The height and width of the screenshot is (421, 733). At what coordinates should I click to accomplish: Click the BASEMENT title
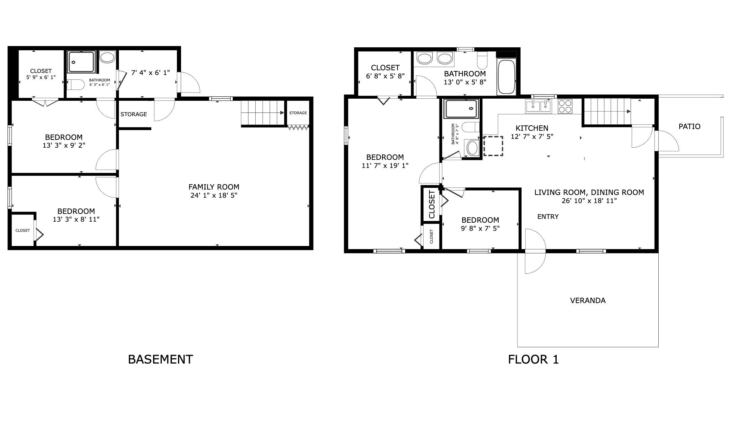(160, 359)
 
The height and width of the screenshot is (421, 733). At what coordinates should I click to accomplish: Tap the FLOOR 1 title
(533, 359)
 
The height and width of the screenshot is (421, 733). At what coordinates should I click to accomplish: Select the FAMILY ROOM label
(214, 187)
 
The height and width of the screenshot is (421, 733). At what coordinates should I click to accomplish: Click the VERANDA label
(588, 300)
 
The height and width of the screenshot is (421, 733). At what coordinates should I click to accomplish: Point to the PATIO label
(689, 126)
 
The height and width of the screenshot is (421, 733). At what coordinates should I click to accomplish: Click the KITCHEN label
(532, 128)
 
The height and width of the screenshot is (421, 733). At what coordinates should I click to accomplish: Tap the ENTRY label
(548, 217)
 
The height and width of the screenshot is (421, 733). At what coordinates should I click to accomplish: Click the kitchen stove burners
(565, 106)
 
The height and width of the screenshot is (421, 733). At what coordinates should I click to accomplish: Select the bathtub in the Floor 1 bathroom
(506, 77)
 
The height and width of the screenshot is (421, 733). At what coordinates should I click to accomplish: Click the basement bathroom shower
(81, 62)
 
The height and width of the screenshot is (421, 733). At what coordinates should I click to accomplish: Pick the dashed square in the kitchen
(493, 146)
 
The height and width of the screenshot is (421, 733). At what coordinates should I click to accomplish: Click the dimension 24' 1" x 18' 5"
(214, 195)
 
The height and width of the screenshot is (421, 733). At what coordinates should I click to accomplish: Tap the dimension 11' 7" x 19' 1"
(385, 166)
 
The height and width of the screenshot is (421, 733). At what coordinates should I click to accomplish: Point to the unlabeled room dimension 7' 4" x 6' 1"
(150, 73)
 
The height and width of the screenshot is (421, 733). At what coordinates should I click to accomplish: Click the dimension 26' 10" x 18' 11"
(589, 201)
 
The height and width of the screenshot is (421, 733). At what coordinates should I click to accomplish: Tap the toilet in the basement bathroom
(75, 84)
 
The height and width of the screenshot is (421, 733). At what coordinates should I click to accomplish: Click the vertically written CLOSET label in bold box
(432, 204)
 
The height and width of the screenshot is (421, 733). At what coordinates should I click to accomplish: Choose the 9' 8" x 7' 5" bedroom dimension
(480, 228)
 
